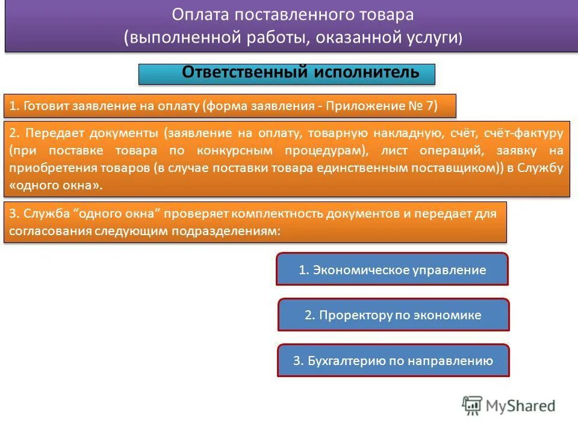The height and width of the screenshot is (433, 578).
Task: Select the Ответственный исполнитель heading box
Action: (287, 74)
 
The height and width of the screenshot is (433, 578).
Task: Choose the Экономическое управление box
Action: (392, 269)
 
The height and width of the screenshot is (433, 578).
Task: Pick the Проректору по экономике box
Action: (393, 315)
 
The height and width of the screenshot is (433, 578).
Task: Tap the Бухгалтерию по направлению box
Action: (393, 361)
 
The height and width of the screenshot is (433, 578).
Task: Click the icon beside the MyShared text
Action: (473, 406)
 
